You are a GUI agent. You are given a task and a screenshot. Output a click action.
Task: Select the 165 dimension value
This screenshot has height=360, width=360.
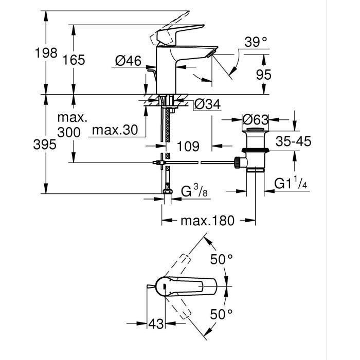click(x=74, y=60)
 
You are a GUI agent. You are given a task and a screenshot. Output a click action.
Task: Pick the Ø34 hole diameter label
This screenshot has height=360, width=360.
click(x=207, y=104)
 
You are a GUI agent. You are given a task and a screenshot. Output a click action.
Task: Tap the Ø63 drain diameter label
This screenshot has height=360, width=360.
click(x=256, y=120)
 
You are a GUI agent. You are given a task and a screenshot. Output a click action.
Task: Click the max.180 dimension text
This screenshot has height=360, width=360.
click(x=207, y=221)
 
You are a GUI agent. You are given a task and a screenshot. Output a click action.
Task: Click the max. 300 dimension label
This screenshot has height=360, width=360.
click(x=69, y=125)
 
